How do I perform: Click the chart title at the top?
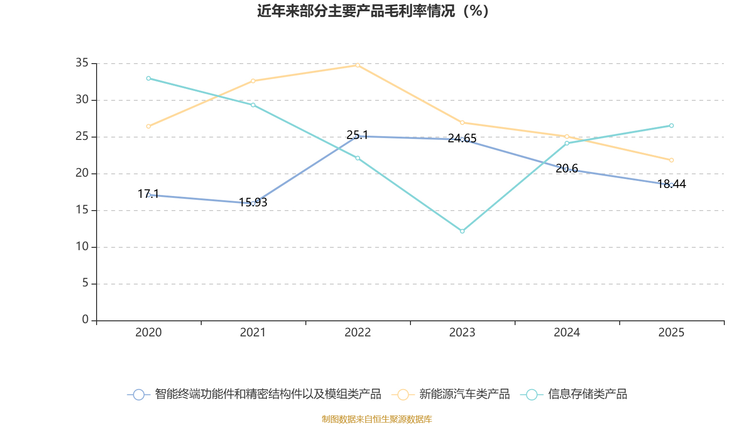pos(373,11)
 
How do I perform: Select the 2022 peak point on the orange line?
pos(358,65)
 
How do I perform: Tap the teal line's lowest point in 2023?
pos(462,231)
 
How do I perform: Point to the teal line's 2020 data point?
pos(148,78)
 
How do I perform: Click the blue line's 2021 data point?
pos(253,204)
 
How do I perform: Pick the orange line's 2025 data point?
pos(672,160)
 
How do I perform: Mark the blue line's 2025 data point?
pos(672,185)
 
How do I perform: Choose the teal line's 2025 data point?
pos(672,126)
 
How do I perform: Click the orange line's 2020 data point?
pos(148,126)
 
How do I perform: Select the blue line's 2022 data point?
pos(358,136)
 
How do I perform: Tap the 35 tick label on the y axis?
pos(82,63)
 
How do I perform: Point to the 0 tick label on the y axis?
pos(85,320)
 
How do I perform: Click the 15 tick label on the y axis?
pos(82,210)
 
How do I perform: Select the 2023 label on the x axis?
pos(462,333)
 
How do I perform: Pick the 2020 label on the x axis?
pos(148,333)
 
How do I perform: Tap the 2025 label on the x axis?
pos(672,333)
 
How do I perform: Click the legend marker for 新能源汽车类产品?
pos(403,394)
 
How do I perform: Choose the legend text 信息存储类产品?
pos(587,394)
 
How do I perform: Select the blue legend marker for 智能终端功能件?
pos(139,394)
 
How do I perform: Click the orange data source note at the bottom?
pos(377,419)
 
